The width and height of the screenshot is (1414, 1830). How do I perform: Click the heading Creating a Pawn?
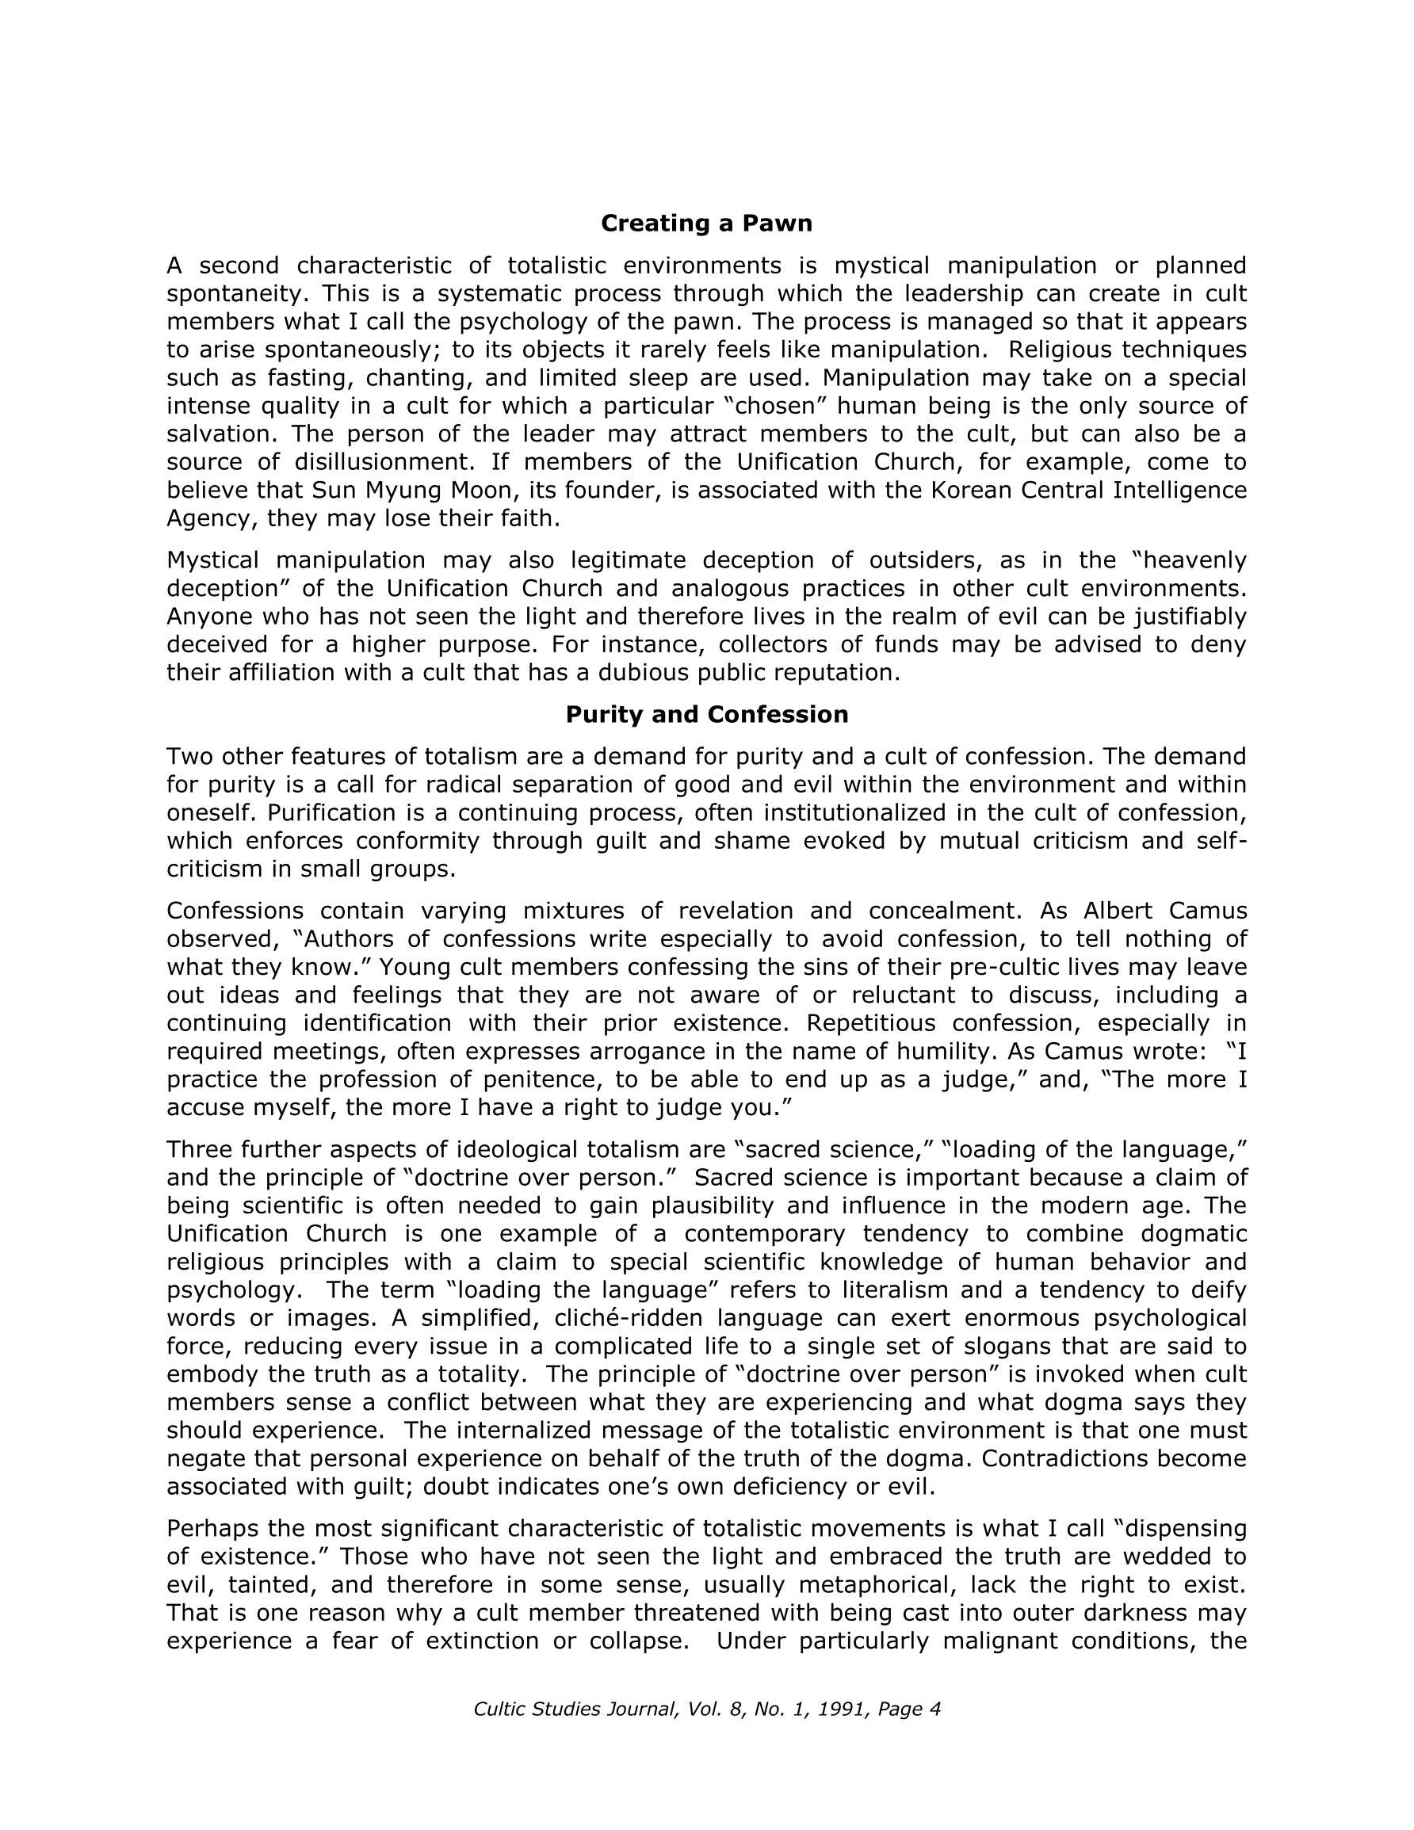point(706,223)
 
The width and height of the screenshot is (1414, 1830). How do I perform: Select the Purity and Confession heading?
point(706,715)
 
